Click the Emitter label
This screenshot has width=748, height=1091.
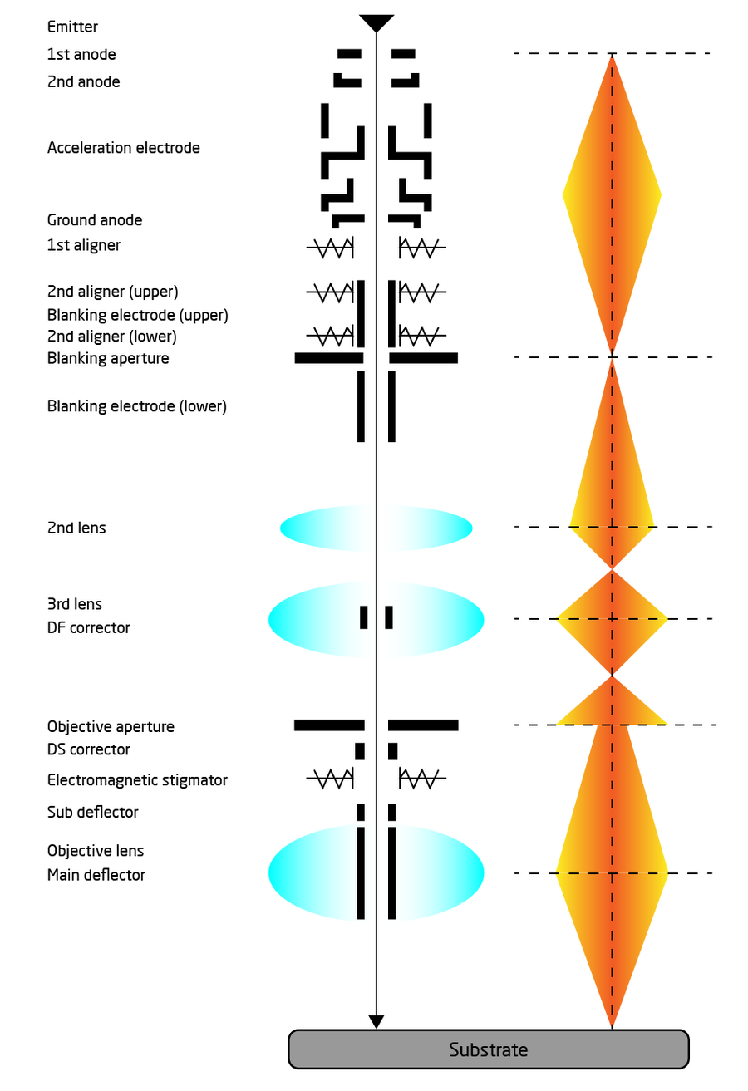pos(72,27)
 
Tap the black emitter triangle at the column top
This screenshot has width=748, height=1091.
pos(376,22)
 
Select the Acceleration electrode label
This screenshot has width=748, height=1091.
pos(123,148)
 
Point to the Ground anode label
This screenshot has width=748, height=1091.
pos(95,220)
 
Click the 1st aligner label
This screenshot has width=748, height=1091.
pos(83,245)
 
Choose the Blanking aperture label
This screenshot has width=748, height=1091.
pos(108,358)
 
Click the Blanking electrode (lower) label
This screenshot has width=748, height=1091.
pos(137,406)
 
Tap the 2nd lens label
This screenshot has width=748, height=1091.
pos(76,528)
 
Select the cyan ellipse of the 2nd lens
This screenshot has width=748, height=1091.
pos(376,528)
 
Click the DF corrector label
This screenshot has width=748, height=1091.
pos(88,628)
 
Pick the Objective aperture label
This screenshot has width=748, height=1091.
pos(111,727)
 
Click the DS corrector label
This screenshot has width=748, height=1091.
pos(88,749)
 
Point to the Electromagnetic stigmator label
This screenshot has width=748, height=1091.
pos(137,780)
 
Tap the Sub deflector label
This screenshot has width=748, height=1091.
pos(92,813)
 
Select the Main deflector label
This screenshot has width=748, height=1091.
pos(96,875)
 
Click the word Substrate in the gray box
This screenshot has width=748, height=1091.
pos(488,1050)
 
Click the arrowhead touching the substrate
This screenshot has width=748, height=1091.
pos(376,1021)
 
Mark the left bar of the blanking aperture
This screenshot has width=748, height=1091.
pos(329,358)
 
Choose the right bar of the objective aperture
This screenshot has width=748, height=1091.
pos(423,725)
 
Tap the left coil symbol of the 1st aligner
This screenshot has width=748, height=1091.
pos(330,248)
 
